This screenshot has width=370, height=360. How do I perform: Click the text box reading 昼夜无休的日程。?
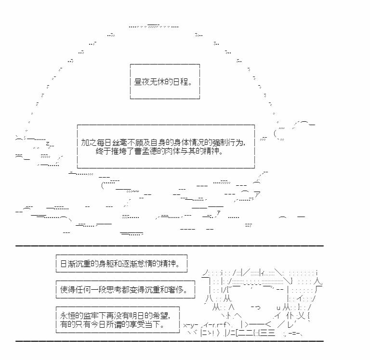tap(165, 81)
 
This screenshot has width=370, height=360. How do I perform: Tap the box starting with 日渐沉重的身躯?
tap(121, 264)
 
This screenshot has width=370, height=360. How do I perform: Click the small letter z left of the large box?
tap(47, 143)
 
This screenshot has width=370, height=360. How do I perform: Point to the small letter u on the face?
tap(278, 308)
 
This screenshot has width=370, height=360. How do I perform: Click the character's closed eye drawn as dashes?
tap(255, 307)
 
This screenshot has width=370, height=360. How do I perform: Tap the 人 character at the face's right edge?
tap(318, 281)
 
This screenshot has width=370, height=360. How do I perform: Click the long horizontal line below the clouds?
tap(170, 246)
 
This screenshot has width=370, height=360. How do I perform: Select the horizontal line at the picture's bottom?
tap(170, 341)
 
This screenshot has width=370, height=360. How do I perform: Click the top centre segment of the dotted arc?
tap(154, 26)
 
